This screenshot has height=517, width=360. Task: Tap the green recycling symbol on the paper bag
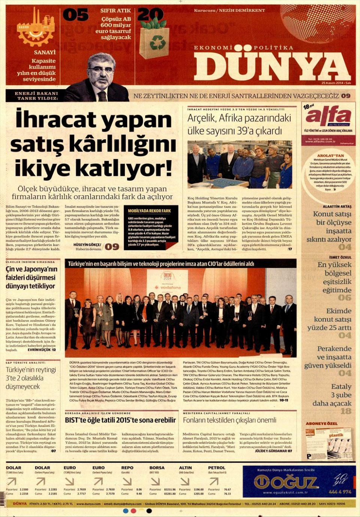coord(157,43)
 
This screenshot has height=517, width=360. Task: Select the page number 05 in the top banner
coord(75,15)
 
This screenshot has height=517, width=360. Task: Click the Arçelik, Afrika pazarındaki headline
coord(239,124)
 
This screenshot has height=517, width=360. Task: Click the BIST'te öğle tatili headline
coord(120,420)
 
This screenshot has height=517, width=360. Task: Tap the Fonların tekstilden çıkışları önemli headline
coord(229,420)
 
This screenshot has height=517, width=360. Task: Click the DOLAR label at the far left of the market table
coord(13,468)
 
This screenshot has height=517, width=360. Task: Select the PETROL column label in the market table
coord(217,468)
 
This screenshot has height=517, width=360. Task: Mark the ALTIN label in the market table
coord(186,468)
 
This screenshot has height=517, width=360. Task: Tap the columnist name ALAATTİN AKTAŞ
coord(337,207)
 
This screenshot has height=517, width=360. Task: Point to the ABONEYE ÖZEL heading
coord(321,423)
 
